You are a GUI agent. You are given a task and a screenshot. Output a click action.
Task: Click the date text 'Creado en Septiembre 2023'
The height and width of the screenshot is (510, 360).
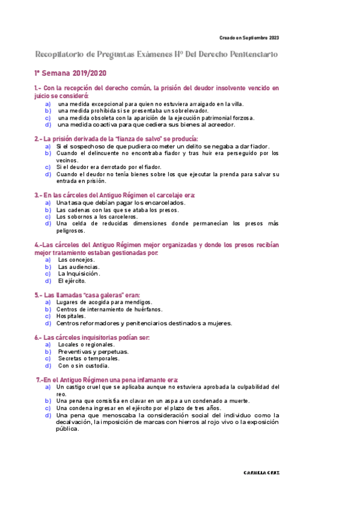(249, 38)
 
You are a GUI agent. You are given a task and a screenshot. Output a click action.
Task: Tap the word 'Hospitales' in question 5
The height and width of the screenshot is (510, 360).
(71, 316)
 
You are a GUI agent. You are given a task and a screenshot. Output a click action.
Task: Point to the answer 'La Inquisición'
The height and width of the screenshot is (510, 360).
(79, 274)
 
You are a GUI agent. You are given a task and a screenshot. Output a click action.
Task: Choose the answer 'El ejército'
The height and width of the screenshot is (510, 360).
(72, 281)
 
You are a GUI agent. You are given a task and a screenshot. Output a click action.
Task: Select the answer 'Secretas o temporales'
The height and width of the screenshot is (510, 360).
(89, 358)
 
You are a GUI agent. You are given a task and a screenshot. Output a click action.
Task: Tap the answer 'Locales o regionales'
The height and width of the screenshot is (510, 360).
(86, 345)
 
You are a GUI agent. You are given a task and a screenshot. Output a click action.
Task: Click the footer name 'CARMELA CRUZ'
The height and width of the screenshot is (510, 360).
(261, 473)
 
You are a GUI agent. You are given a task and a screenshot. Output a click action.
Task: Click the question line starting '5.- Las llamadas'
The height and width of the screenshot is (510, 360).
(87, 295)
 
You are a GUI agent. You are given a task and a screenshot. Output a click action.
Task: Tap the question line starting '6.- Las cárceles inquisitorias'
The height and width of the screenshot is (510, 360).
(92, 337)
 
